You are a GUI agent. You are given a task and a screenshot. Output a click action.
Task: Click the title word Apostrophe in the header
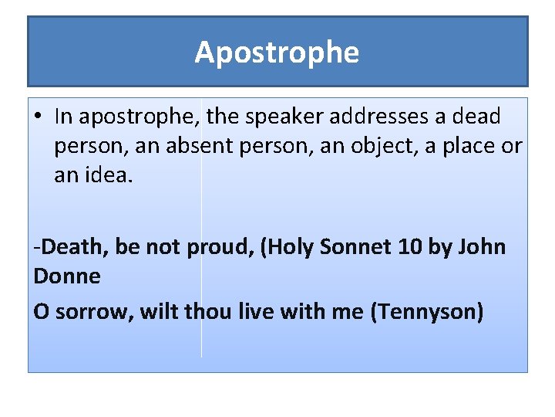point(277,53)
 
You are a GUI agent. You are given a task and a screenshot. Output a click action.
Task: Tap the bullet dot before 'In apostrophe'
point(38,117)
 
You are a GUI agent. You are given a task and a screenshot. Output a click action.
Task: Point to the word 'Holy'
point(301,247)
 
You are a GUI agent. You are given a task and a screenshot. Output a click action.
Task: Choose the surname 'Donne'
point(67,276)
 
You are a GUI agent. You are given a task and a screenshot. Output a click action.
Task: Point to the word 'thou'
point(203,311)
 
